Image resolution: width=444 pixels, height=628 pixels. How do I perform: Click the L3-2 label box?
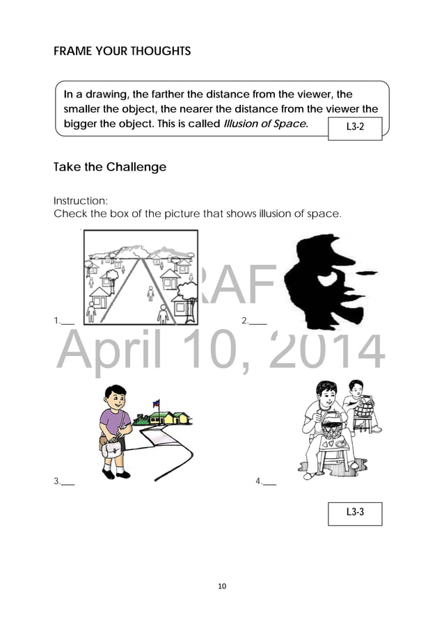(354, 127)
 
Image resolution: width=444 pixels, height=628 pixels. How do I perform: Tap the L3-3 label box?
(354, 512)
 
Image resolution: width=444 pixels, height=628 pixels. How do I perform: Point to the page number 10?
(222, 586)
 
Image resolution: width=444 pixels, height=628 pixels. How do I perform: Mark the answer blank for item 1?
(68, 322)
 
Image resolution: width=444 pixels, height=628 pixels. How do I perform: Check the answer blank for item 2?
(258, 321)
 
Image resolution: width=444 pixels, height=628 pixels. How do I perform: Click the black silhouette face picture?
(327, 278)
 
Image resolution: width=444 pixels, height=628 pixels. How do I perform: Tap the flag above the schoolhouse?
(155, 405)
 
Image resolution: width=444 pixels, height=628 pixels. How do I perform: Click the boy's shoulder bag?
(111, 450)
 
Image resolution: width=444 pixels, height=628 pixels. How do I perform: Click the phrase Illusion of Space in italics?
(264, 124)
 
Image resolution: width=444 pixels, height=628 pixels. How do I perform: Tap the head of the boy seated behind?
(356, 389)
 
